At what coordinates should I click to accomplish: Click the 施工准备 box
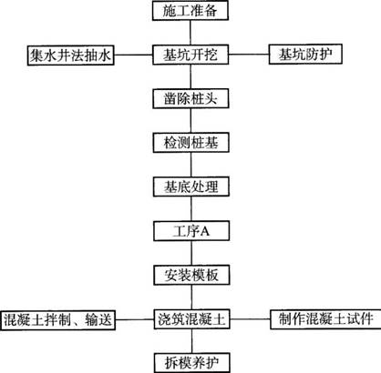(x=190, y=11)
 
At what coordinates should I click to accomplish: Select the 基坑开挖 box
(x=190, y=55)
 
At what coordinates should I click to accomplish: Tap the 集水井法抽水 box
(x=70, y=55)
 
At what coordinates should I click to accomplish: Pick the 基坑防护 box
(x=305, y=55)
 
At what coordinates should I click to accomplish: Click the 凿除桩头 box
(x=190, y=98)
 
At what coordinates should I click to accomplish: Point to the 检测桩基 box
(x=191, y=143)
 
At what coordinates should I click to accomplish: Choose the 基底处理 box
(x=191, y=186)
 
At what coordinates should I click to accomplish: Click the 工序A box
(x=191, y=231)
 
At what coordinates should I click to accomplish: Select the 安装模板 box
(x=191, y=276)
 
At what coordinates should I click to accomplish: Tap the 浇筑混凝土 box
(x=191, y=319)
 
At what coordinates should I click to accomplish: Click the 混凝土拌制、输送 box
(x=58, y=320)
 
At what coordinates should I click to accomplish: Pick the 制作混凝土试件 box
(x=325, y=319)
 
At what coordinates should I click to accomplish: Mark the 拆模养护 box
(x=191, y=363)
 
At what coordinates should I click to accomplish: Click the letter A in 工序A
(x=205, y=231)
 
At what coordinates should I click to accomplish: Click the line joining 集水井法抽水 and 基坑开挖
(x=133, y=55)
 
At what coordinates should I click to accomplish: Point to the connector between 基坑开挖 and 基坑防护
(x=249, y=55)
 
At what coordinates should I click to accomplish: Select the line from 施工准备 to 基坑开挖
(x=190, y=33)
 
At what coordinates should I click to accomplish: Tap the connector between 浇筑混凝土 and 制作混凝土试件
(x=250, y=319)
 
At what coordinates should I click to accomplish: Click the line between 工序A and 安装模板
(x=191, y=253)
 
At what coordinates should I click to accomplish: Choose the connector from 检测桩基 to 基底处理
(x=191, y=165)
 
